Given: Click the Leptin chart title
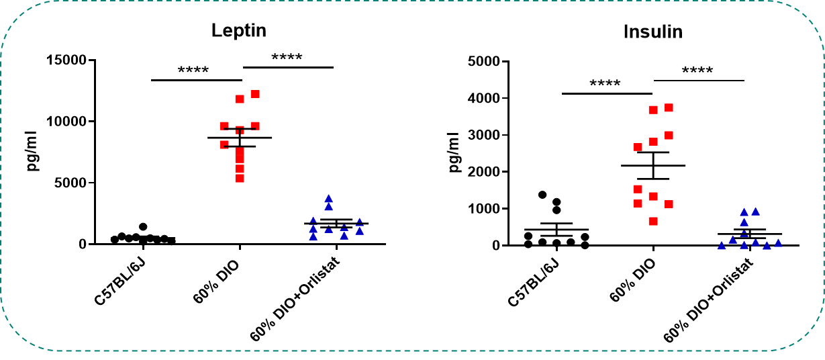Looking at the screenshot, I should point(238,31).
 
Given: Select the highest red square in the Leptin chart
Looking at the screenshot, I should point(255,94).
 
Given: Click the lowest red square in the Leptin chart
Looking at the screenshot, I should point(240,178).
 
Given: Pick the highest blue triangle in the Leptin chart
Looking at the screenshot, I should point(328,198).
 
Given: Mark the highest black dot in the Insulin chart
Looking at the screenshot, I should point(542,195).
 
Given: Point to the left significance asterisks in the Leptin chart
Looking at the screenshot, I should point(193,70).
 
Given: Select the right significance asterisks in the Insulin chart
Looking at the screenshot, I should point(697,71).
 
